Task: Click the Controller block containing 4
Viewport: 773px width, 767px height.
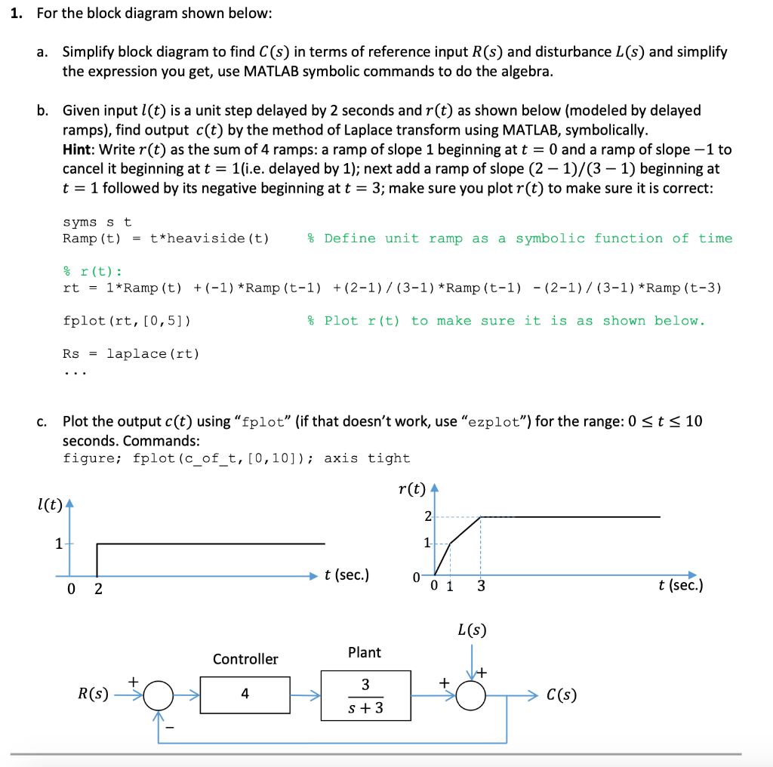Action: click(x=245, y=695)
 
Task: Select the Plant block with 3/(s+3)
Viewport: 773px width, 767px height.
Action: click(x=365, y=695)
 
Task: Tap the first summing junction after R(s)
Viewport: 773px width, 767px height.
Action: click(x=158, y=695)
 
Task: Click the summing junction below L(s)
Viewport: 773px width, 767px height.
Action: click(x=472, y=695)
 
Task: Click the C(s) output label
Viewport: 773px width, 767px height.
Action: click(x=562, y=695)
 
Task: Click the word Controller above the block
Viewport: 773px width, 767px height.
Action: click(x=245, y=659)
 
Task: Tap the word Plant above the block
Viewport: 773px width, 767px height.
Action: click(x=365, y=652)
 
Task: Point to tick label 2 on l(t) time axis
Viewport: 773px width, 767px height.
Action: click(x=97, y=590)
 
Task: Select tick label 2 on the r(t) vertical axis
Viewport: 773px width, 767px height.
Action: click(x=428, y=517)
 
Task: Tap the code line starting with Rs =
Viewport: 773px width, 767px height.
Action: click(x=131, y=353)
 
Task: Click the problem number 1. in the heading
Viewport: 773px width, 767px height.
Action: click(x=20, y=14)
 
